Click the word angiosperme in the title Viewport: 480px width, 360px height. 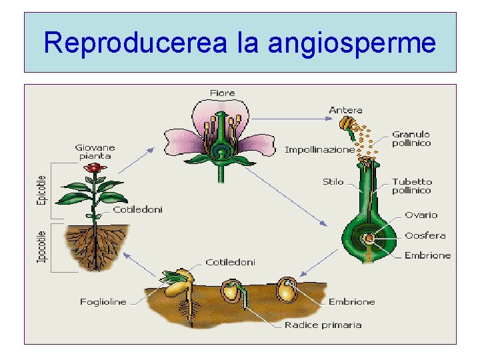coord(352,43)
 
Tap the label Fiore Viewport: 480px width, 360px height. coord(221,92)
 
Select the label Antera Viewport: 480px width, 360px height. coord(345,110)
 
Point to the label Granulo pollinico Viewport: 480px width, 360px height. coord(411,139)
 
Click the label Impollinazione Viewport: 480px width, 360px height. coord(319,150)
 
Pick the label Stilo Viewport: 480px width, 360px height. coord(333,181)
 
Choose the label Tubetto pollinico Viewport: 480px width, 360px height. coord(411,185)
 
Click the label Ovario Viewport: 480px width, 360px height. coord(421,215)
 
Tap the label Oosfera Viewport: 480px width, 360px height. coord(425,235)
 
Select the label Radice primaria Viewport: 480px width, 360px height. coord(323,325)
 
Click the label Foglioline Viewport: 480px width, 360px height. coord(103,302)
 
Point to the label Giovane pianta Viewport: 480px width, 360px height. coord(95,151)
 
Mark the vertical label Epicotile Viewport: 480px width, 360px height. coord(41,190)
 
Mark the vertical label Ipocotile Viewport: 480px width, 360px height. coord(41,246)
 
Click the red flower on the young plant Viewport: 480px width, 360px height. coord(95,168)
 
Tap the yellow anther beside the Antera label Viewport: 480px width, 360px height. coord(346,123)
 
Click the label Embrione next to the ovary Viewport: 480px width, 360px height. coord(427,255)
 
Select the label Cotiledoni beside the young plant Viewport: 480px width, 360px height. coord(137,209)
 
